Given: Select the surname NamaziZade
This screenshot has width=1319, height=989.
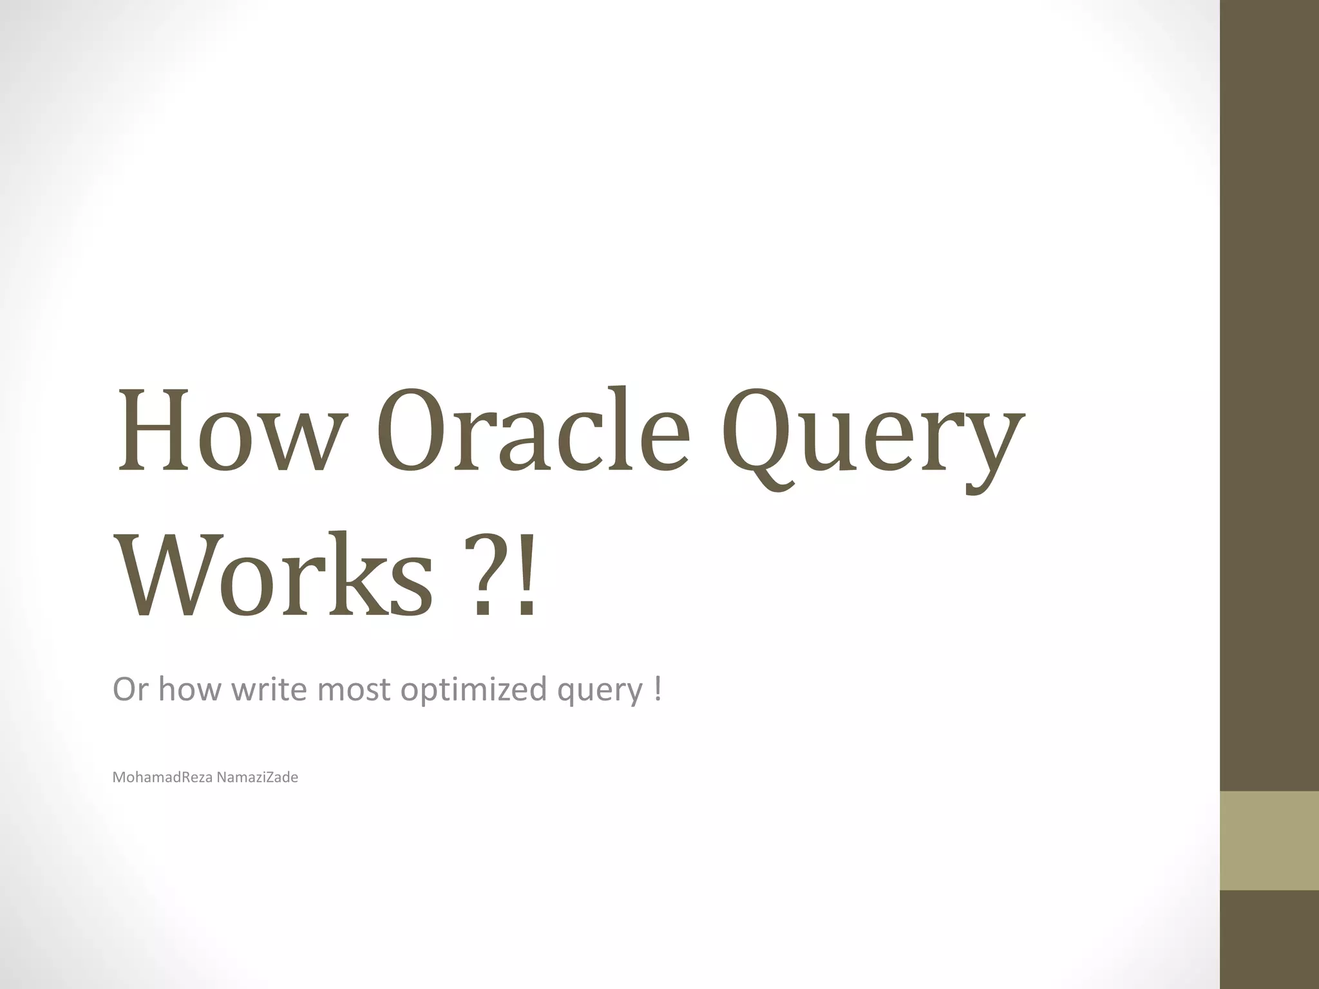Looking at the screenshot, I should pos(257,778).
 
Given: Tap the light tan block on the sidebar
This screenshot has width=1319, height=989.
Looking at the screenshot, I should pos(1269,840).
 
